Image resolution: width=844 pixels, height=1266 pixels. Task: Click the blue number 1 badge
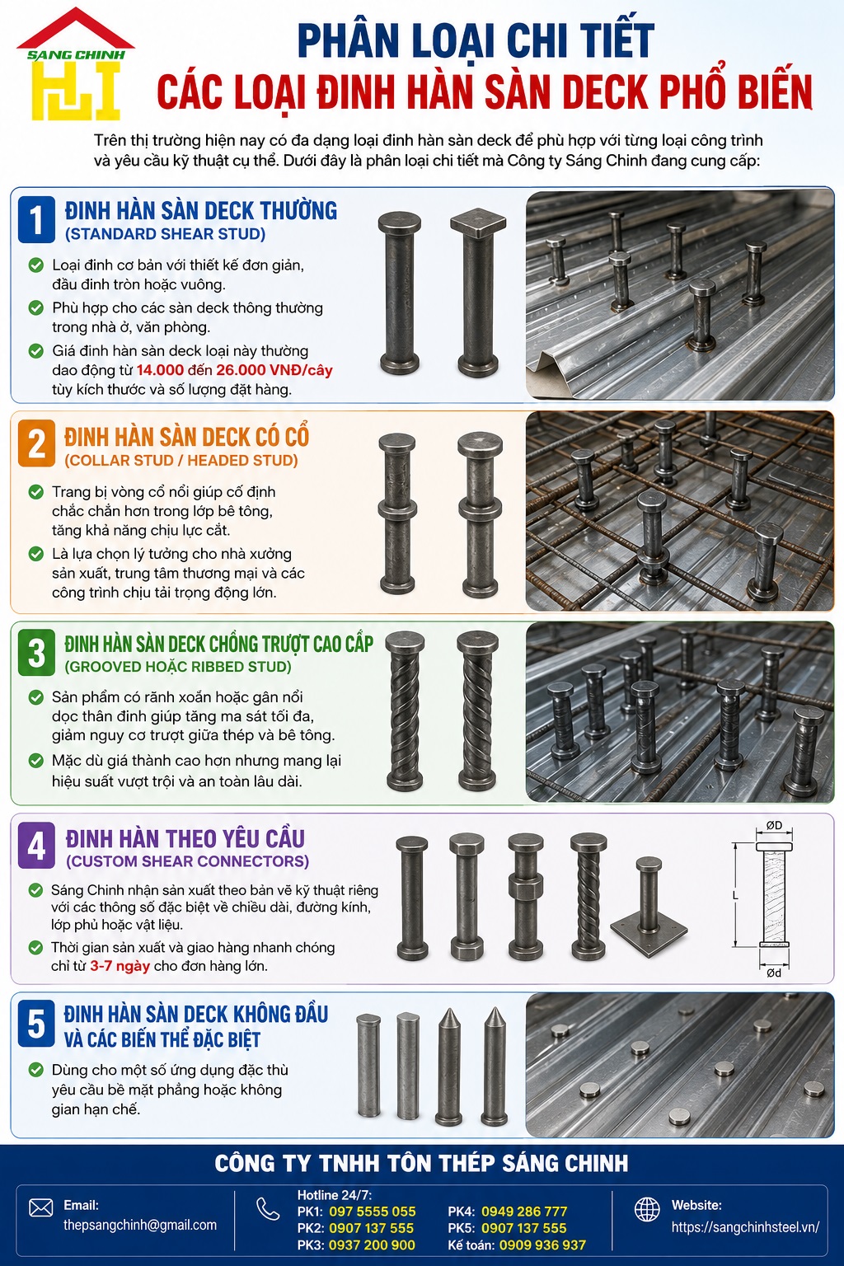36,219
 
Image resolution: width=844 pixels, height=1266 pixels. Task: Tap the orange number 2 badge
36,443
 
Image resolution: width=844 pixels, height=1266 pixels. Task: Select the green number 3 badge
36,652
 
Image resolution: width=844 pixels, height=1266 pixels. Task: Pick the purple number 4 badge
36,846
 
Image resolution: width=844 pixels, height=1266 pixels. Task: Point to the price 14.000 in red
160,370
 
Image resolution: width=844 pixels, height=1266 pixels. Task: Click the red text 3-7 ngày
120,966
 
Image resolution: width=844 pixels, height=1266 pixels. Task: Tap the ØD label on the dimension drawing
774,825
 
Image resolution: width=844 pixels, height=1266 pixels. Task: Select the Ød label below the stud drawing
774,973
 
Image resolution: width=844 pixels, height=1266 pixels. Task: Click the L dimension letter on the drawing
735,895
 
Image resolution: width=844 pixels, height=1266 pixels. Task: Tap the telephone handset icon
268,1209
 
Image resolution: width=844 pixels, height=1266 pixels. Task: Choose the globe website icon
647,1209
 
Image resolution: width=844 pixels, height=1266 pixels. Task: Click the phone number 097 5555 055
372,1211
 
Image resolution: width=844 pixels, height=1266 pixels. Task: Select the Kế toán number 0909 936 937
542,1245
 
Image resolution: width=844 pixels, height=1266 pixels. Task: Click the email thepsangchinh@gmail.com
139,1225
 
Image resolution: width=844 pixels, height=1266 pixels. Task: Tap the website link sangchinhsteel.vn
745,1227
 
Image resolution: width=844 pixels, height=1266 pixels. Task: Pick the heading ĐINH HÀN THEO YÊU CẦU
185,839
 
